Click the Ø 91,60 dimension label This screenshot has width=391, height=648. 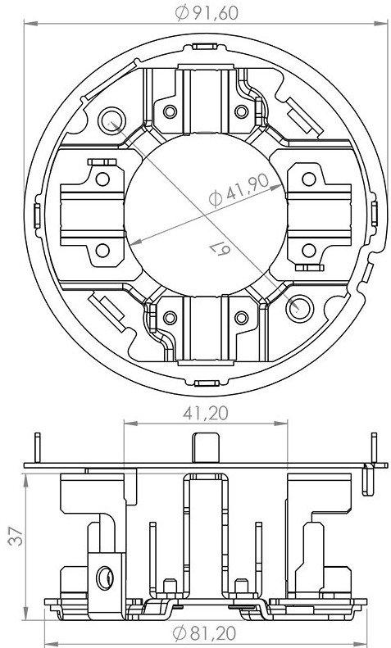pyautogui.click(x=207, y=13)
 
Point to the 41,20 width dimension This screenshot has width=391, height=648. pyautogui.click(x=206, y=413)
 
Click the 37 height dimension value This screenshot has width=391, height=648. pyautogui.click(x=16, y=536)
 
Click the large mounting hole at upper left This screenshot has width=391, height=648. pyautogui.click(x=111, y=120)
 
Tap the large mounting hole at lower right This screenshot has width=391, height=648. pyautogui.click(x=300, y=309)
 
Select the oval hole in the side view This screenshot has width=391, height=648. pyautogui.click(x=105, y=578)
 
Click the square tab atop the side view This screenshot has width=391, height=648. pyautogui.click(x=206, y=447)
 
